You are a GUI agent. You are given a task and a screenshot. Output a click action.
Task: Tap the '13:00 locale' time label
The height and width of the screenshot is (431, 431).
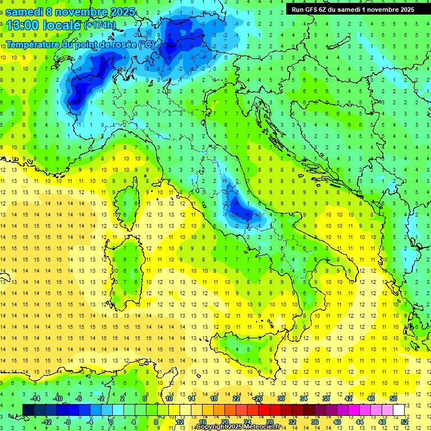pyautogui.click(x=44, y=25)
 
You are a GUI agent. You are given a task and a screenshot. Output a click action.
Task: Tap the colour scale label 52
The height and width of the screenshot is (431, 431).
pyautogui.click(x=405, y=421)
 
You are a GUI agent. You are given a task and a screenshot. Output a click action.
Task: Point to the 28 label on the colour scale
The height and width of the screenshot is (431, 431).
pyautogui.click(x=270, y=421)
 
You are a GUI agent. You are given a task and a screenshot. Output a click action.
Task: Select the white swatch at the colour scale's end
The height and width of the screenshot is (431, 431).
pyautogui.click(x=398, y=410)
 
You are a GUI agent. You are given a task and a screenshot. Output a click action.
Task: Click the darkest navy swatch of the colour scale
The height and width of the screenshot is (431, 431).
pyautogui.click(x=29, y=410)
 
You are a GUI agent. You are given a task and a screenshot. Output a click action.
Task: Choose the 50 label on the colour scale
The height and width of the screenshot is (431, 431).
pyautogui.click(x=393, y=398)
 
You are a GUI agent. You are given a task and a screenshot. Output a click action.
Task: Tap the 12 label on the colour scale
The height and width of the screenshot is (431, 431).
pyautogui.click(x=180, y=421)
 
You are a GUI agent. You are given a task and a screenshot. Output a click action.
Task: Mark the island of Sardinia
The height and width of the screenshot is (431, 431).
pyautogui.click(x=130, y=269)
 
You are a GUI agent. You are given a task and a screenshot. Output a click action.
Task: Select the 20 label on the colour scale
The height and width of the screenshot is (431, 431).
pyautogui.click(x=224, y=421)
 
